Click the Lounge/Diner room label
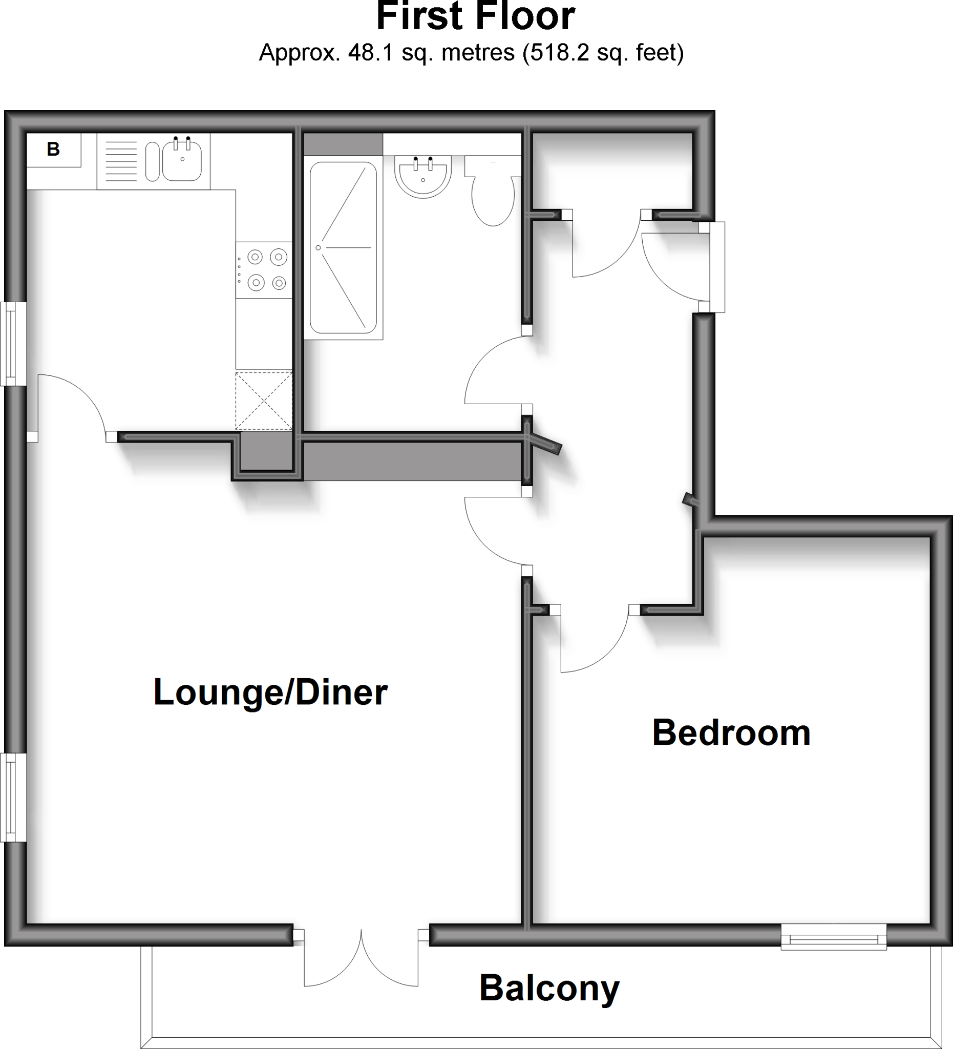point(270,693)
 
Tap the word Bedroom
point(731,733)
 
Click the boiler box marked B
point(54,150)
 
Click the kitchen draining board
point(121,161)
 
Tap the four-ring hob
point(264,270)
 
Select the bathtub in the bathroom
point(343,248)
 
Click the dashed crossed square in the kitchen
point(264,401)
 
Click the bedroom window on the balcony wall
point(833,937)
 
